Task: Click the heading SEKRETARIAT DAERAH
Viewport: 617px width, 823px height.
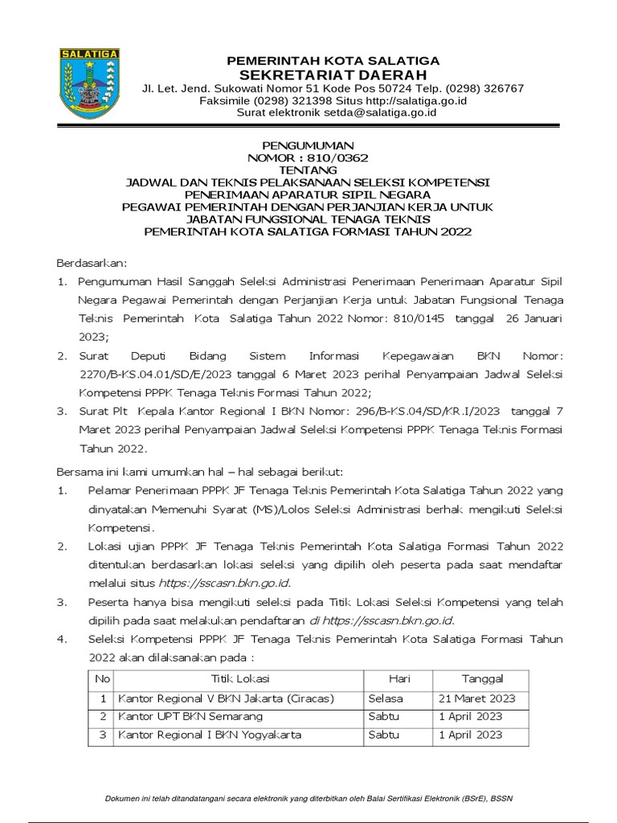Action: [x=333, y=74]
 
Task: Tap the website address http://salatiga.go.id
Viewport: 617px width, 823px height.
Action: [x=417, y=100]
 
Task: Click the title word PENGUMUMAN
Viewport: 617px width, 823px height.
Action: [x=308, y=145]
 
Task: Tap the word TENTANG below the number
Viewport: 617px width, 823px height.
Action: [x=308, y=170]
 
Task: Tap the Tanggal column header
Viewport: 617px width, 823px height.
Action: [x=480, y=679]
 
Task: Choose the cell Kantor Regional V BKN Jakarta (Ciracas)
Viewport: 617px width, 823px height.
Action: [x=225, y=698]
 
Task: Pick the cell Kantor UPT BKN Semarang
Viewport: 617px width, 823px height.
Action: [x=190, y=717]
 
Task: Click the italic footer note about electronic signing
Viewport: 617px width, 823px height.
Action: [x=308, y=798]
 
